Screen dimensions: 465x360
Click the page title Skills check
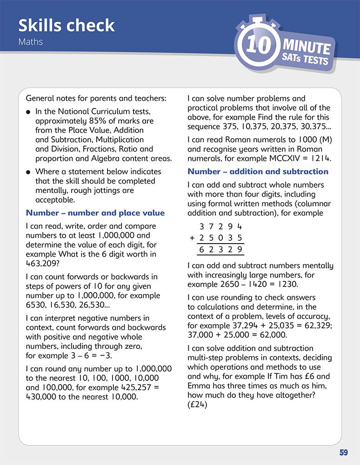click(x=67, y=26)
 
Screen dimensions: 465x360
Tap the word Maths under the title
click(x=31, y=42)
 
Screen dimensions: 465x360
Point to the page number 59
click(x=344, y=452)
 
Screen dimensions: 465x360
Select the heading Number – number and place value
click(x=95, y=213)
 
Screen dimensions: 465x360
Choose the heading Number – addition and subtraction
click(x=258, y=172)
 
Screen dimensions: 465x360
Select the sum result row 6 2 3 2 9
click(x=221, y=250)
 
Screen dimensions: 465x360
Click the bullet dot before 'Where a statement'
click(x=29, y=172)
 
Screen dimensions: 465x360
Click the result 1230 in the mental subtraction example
click(x=274, y=284)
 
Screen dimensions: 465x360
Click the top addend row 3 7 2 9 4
click(x=221, y=227)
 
